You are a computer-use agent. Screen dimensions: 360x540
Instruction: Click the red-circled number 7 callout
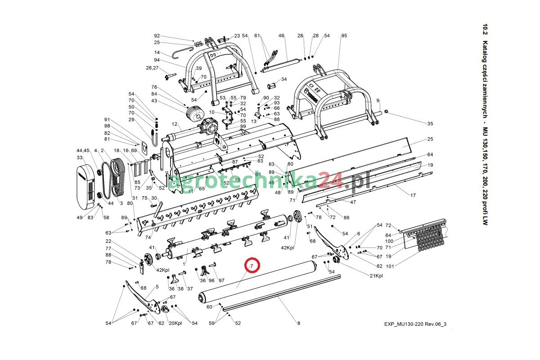tap(252, 266)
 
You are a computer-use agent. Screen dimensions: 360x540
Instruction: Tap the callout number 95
tap(344, 36)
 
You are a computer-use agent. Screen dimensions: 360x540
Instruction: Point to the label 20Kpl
tap(175, 324)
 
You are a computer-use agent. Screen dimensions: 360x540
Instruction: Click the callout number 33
tap(80, 157)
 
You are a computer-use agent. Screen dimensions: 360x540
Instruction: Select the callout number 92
tap(157, 36)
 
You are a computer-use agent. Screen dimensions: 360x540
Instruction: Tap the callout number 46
tap(282, 36)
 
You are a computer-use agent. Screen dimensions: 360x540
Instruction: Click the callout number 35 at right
tap(430, 124)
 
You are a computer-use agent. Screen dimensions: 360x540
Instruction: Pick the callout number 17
tap(413, 195)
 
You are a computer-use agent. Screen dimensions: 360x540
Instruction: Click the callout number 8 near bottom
tap(298, 323)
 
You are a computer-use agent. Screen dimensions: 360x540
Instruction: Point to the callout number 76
tap(154, 87)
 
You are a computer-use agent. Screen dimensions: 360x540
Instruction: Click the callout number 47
tap(353, 202)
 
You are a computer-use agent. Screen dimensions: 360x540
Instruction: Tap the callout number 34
tap(284, 79)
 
